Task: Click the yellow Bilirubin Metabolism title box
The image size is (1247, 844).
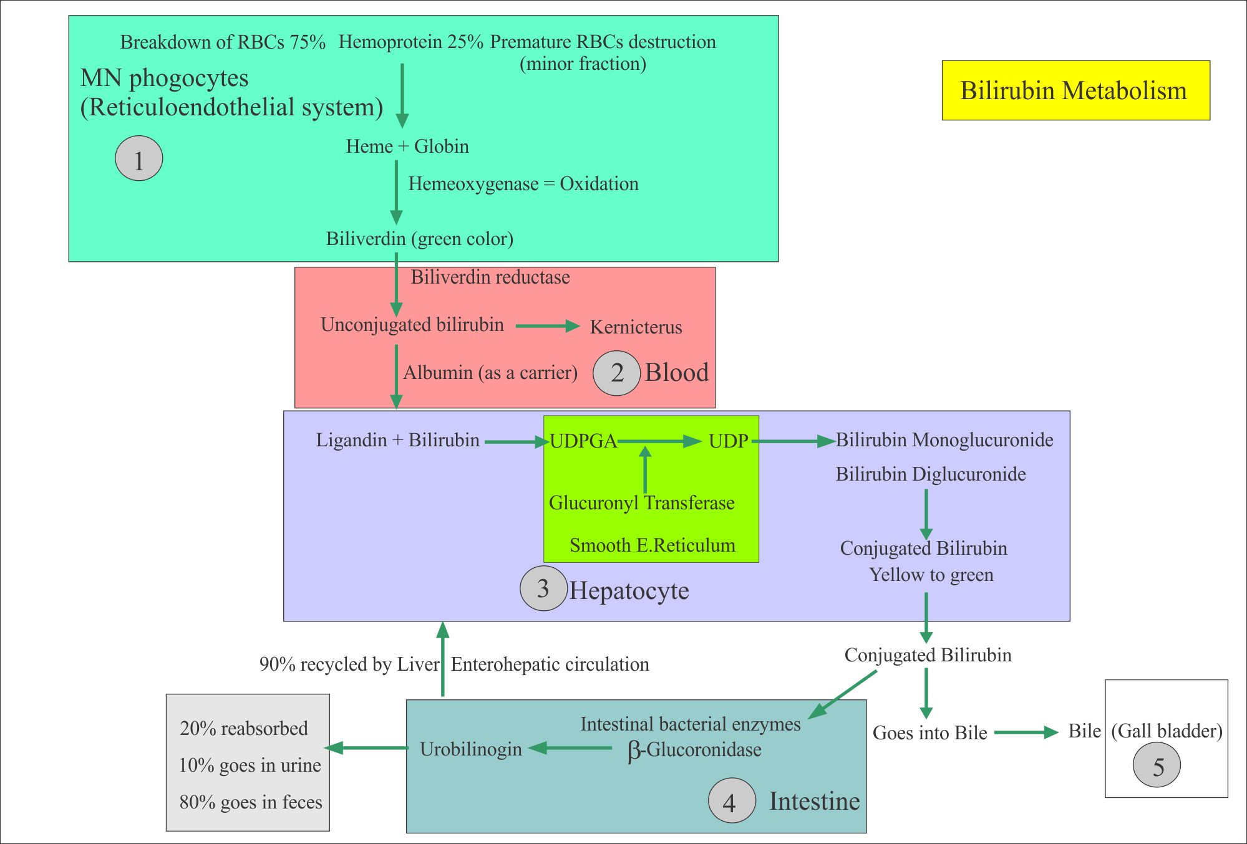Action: coord(1075,90)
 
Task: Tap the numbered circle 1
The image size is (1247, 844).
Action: coord(138,159)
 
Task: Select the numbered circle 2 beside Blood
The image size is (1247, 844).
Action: coord(616,373)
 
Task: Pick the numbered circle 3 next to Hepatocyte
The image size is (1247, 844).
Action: coord(543,588)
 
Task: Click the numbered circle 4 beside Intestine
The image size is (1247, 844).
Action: coord(731,801)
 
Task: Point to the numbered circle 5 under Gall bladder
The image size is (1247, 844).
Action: coord(1157,766)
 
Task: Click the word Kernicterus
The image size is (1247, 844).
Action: coord(636,327)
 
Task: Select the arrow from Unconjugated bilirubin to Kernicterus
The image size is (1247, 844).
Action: coord(547,326)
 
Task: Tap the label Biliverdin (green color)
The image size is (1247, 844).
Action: coord(419,239)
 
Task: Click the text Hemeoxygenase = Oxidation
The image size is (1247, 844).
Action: coord(523,184)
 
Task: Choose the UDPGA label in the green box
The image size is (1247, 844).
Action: coord(583,441)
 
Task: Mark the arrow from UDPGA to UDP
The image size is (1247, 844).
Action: coord(660,441)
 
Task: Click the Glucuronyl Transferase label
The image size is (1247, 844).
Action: coord(641,503)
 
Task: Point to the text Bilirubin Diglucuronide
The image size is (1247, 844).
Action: coord(930,474)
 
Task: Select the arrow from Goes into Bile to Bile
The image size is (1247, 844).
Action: coord(1026,732)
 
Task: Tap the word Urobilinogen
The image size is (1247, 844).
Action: coord(470,749)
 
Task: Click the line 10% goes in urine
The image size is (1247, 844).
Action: coord(250,765)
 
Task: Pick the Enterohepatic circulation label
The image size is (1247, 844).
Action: coord(550,664)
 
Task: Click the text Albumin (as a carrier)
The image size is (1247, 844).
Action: coord(490,373)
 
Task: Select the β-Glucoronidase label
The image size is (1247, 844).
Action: coord(694,750)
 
